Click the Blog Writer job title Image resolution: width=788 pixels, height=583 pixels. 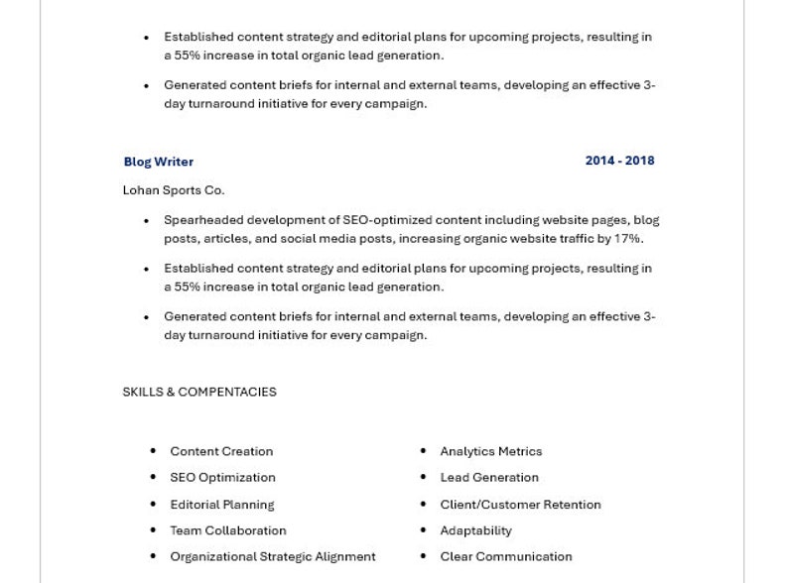(159, 162)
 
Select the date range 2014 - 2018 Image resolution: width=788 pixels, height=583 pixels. (619, 161)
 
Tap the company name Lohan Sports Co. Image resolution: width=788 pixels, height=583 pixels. (174, 190)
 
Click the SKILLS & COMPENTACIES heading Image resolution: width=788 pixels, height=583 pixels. (199, 392)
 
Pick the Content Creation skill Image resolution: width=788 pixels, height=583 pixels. (221, 451)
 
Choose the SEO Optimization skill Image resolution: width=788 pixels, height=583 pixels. (222, 478)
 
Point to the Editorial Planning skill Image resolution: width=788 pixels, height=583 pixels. (222, 505)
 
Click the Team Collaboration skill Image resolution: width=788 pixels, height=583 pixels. (228, 530)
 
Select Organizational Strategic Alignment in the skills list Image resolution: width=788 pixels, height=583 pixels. (273, 557)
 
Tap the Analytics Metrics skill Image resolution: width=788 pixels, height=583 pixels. (491, 451)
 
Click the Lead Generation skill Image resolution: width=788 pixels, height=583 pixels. (489, 478)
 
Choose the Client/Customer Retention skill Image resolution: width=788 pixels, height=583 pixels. (520, 505)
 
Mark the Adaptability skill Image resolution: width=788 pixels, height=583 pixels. (476, 530)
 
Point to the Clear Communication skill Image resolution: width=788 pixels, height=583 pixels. (506, 557)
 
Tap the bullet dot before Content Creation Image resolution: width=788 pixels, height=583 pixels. (153, 451)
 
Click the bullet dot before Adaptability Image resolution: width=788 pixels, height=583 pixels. (423, 530)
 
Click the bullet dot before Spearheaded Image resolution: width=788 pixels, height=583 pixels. (147, 220)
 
